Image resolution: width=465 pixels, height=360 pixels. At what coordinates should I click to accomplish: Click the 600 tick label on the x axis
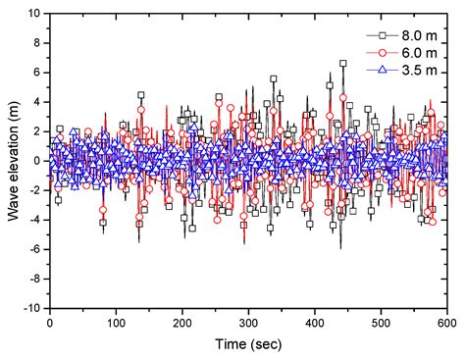(446, 322)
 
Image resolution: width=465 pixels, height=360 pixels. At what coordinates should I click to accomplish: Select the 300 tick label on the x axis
(248, 322)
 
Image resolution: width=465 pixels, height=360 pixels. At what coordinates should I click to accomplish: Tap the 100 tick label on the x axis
(116, 322)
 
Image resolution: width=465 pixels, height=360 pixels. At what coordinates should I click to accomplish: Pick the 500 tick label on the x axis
(381, 322)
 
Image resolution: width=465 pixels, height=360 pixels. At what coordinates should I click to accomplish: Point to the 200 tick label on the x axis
(181, 322)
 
